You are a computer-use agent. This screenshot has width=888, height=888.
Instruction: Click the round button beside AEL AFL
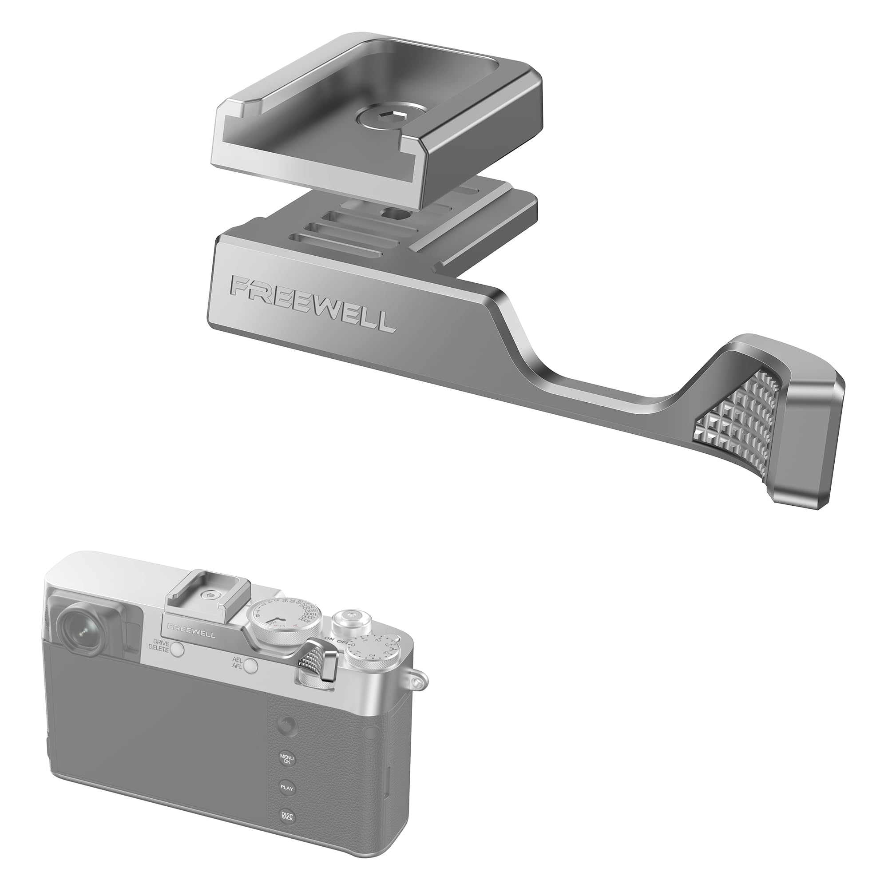click(x=251, y=665)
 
